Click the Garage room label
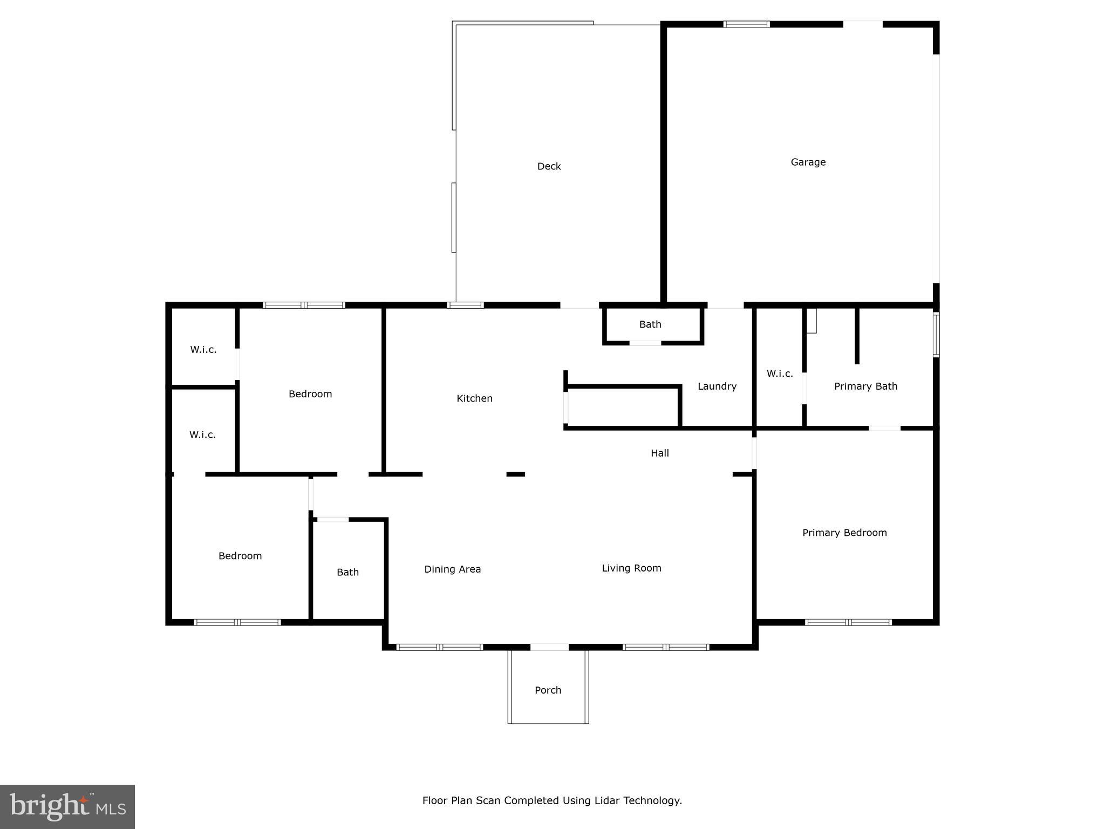(808, 162)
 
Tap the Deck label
(549, 166)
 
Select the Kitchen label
(474, 398)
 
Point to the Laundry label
(717, 386)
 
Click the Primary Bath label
(865, 386)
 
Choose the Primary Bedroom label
(844, 533)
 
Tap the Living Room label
(631, 568)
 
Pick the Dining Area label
(452, 569)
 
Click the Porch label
(548, 690)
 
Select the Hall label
(659, 453)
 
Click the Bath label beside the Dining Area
(347, 572)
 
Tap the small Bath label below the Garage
(650, 324)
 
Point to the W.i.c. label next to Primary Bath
(779, 373)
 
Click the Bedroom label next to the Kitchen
(310, 394)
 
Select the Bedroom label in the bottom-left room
(240, 556)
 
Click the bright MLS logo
(67, 807)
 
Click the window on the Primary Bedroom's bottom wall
(848, 622)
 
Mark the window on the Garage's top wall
(746, 24)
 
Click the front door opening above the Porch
(549, 647)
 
